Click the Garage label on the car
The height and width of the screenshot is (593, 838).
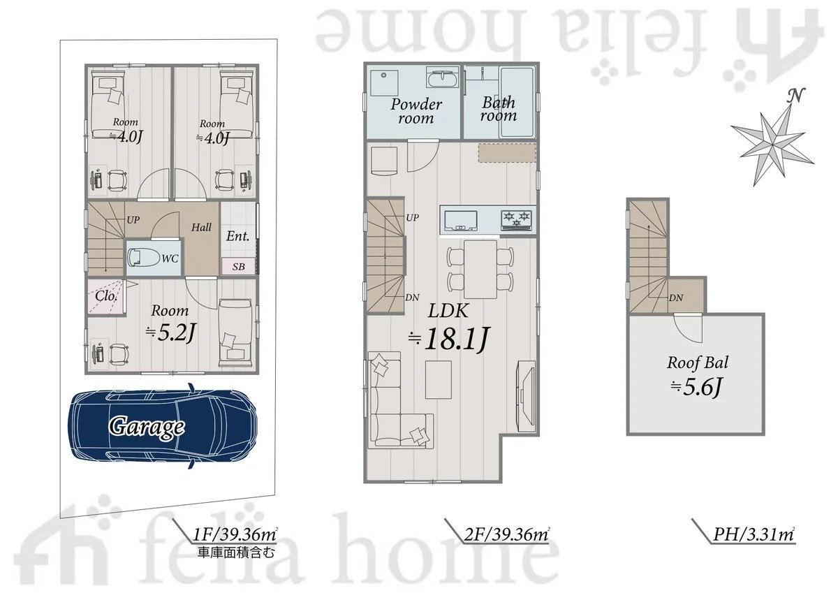(146, 427)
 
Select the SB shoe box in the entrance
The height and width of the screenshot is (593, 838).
(238, 266)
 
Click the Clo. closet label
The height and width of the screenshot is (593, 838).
(106, 295)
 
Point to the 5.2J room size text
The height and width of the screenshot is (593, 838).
(171, 333)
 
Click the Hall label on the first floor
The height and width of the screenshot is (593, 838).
(201, 227)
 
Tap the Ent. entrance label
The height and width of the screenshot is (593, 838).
(237, 236)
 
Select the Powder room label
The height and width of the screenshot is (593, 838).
(416, 111)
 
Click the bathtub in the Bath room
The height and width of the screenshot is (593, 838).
(516, 102)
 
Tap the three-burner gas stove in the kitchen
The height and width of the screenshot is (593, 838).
(518, 219)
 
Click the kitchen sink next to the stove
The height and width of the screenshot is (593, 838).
(461, 220)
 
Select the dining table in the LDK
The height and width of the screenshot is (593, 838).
(480, 270)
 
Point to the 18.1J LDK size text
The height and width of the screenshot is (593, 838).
(448, 339)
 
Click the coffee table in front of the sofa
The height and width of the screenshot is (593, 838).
(439, 379)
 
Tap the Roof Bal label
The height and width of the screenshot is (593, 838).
(698, 363)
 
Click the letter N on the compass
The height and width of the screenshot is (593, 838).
(795, 96)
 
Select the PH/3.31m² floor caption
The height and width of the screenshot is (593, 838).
(754, 534)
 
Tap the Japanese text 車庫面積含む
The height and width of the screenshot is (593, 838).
(236, 552)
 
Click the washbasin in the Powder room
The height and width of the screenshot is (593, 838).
(442, 79)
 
